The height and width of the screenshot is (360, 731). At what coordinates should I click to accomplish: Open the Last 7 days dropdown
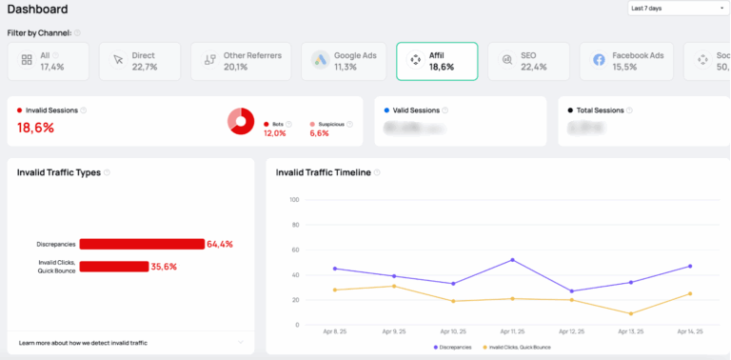676,9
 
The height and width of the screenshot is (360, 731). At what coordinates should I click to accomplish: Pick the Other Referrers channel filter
244,61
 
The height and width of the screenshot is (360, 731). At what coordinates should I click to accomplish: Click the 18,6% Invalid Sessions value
36,128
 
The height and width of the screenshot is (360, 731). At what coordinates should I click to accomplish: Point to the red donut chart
241,121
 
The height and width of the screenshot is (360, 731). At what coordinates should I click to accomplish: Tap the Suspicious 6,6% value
319,133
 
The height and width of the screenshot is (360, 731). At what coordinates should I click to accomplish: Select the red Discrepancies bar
142,244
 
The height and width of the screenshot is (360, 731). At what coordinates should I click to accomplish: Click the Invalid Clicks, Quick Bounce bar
113,267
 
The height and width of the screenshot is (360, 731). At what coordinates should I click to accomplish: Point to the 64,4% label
220,244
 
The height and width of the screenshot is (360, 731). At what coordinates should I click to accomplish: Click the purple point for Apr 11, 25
512,260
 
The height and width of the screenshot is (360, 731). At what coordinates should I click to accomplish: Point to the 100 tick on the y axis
294,200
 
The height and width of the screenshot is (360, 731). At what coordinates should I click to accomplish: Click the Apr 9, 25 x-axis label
394,331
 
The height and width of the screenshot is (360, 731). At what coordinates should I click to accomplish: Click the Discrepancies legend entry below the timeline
455,347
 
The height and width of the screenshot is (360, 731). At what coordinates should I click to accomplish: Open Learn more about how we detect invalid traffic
83,342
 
